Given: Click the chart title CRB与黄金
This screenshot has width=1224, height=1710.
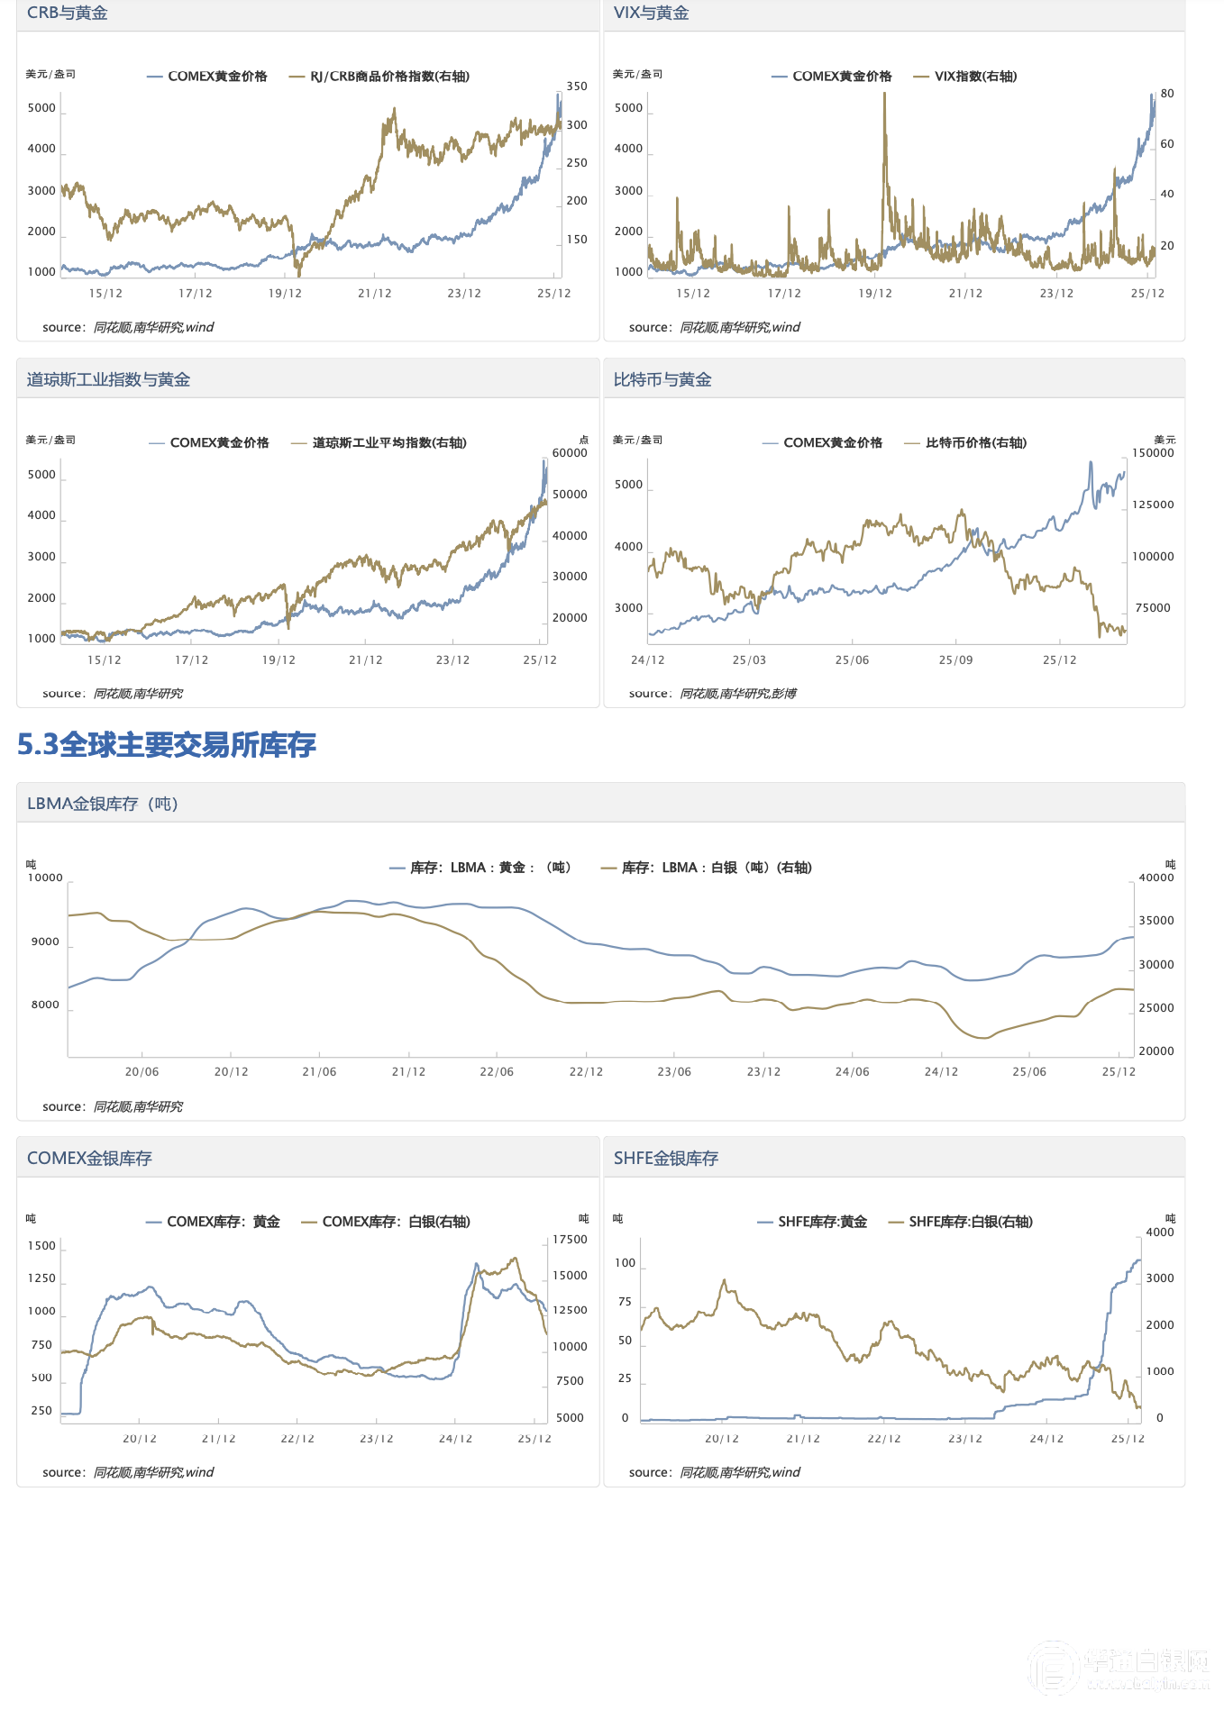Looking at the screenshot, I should [x=68, y=14].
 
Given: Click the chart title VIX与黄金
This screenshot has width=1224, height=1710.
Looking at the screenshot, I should [x=651, y=14].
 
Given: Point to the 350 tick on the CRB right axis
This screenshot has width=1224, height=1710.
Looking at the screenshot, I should [x=577, y=86].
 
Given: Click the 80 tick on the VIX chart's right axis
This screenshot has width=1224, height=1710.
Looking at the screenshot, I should [x=1167, y=94].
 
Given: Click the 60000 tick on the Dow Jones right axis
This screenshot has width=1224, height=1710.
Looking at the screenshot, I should [x=570, y=453].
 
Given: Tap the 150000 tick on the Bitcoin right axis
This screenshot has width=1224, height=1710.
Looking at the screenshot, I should [x=1153, y=453].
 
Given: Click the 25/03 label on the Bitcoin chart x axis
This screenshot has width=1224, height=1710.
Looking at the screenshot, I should [x=749, y=660].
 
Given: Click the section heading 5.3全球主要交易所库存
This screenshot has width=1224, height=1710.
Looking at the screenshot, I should [x=167, y=745].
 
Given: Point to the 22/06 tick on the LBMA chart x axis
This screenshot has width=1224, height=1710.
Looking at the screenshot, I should [x=497, y=1072].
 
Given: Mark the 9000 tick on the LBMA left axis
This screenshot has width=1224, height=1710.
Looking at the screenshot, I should [x=45, y=942].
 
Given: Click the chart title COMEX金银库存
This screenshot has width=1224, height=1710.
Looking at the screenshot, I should [x=89, y=1159].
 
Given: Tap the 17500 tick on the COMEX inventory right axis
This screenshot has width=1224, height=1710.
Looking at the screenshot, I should [x=570, y=1240].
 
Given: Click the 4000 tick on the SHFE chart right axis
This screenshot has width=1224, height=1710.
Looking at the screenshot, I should [x=1160, y=1232].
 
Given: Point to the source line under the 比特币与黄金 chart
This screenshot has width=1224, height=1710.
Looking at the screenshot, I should [x=712, y=694].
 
